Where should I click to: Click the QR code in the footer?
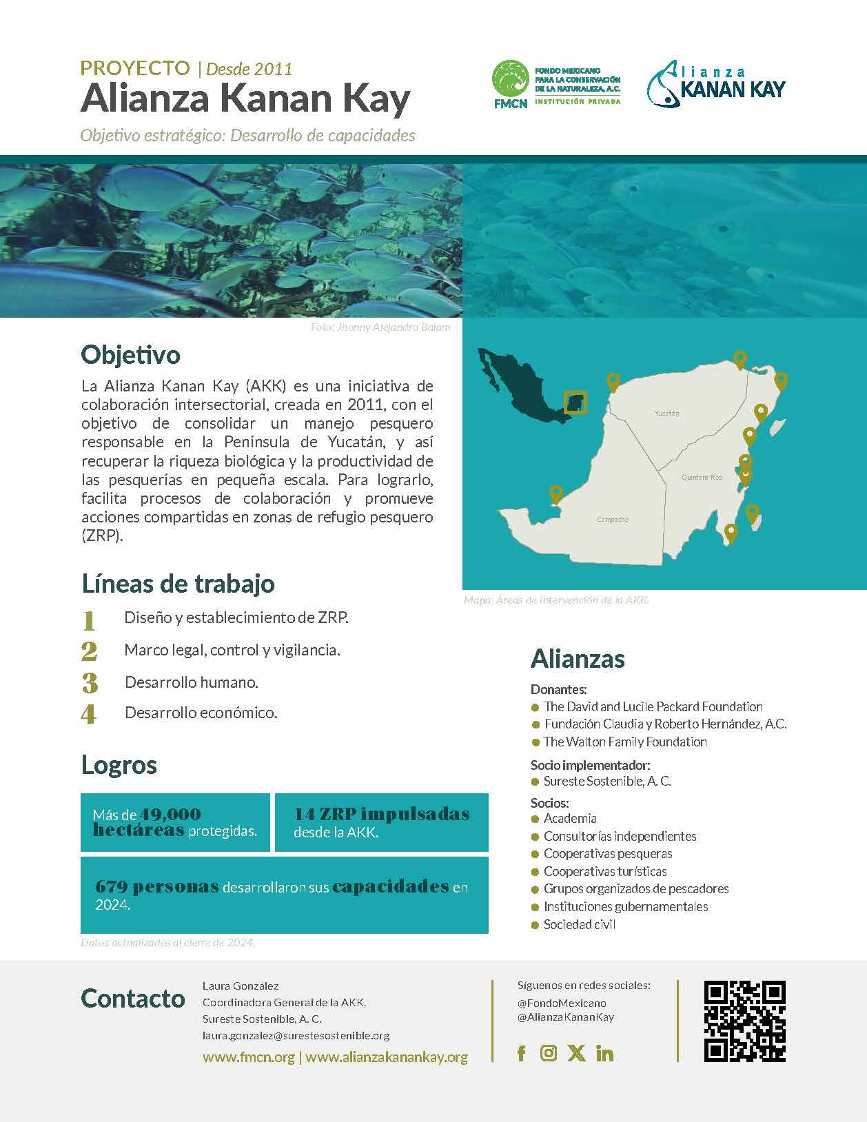[744, 1021]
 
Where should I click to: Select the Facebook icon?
[521, 1053]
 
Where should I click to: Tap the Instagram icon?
[549, 1053]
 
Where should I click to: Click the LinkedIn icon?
[604, 1053]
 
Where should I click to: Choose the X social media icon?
[576, 1053]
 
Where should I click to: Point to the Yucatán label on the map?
[666, 414]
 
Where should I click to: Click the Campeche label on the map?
[612, 520]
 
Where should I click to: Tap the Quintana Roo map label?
[702, 477]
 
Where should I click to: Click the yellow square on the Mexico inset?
[575, 402]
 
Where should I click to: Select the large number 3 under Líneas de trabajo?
[89, 683]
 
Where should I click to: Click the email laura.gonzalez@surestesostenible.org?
[296, 1035]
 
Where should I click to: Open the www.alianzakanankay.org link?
[386, 1057]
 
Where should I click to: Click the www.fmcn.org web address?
[248, 1057]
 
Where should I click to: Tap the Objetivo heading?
[130, 355]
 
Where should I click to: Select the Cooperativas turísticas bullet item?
[604, 871]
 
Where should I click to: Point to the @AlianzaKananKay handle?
[565, 1017]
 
